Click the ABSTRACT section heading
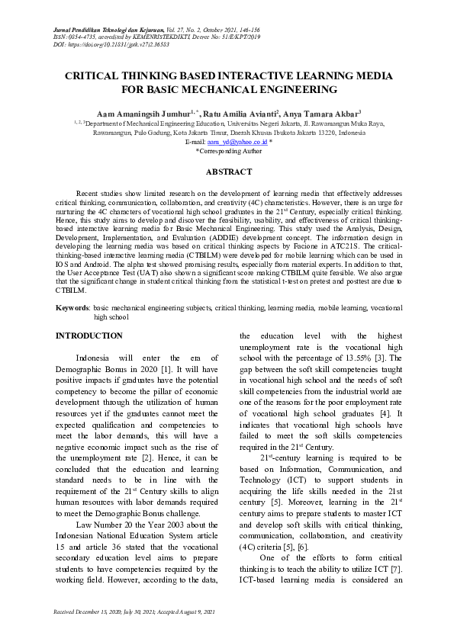point(229,172)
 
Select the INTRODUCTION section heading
point(89,335)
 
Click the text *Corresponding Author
point(229,151)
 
